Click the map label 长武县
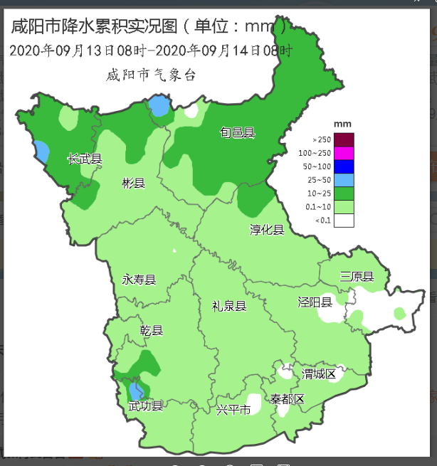coord(85,159)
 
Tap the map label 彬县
coord(133,184)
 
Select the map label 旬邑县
coord(237,132)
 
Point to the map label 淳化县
coord(267,229)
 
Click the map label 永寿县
coord(139,280)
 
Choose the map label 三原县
coord(357,276)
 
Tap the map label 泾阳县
coord(315,302)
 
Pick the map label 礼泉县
coord(229,306)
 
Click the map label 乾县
coord(152,331)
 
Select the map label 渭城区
coord(318,374)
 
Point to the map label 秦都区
coord(287,399)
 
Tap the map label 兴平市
coord(233,411)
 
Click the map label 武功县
coord(146,406)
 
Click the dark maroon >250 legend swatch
coord(344,139)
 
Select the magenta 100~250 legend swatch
coord(344,153)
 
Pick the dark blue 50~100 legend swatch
coord(344,166)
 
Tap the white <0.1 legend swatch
coord(344,221)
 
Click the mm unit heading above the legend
coord(339,125)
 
